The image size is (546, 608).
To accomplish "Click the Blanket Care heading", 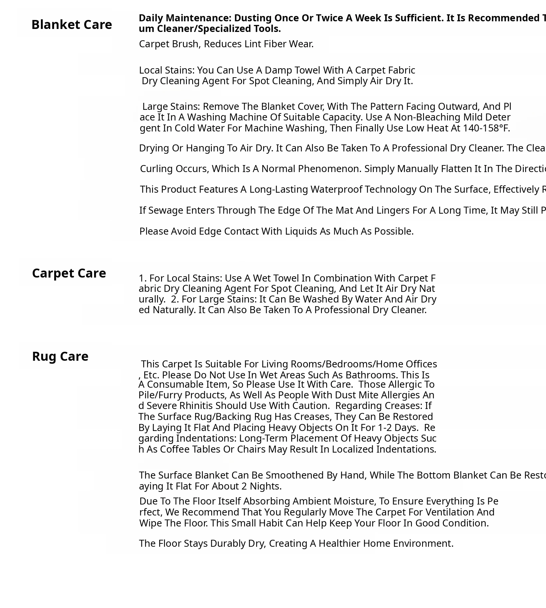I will click(x=71, y=25).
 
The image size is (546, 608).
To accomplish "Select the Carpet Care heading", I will click(x=69, y=273).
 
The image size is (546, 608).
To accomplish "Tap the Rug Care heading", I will click(x=60, y=356).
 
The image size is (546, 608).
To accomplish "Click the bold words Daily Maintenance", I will click(x=185, y=18).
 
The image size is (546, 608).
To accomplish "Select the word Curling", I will click(x=158, y=169).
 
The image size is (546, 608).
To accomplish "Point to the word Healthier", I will click(x=339, y=543).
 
